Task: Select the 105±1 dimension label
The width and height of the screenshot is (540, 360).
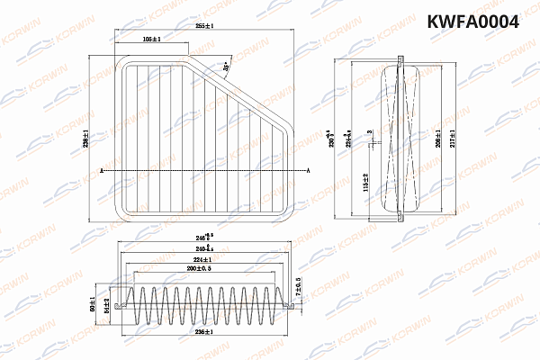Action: tap(151, 41)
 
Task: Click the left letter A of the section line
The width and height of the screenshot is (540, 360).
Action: tap(103, 170)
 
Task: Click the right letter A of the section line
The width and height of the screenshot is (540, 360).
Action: tap(310, 170)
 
